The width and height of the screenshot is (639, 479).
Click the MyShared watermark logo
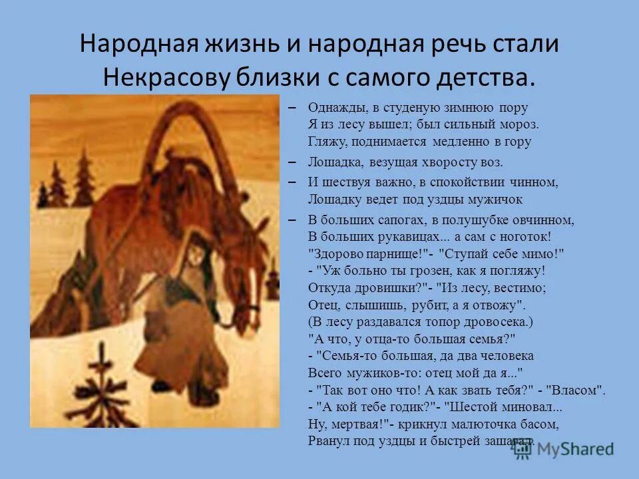coord(563,448)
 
